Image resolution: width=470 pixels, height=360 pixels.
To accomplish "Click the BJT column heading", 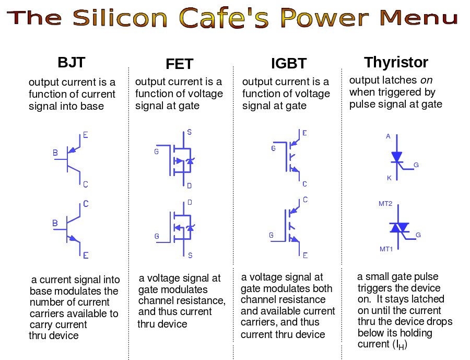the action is (72, 62).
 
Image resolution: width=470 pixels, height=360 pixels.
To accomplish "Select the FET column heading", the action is (180, 64).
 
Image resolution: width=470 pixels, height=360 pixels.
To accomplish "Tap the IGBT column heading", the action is (289, 64).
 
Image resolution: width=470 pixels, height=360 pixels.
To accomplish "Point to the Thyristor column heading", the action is (396, 62).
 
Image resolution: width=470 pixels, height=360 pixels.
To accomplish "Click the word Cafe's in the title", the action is (224, 18).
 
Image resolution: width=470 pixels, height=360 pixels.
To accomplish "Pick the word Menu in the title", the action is (419, 17).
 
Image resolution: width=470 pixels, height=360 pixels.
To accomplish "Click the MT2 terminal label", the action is (385, 204).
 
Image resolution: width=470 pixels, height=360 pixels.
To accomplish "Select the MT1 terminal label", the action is (386, 249).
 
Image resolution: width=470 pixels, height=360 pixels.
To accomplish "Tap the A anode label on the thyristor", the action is (388, 136).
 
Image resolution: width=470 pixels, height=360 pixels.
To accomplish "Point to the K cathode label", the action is (389, 178).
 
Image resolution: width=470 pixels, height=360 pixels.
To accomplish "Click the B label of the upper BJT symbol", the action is (55, 153).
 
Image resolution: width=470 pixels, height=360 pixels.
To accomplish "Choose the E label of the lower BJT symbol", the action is (86, 256).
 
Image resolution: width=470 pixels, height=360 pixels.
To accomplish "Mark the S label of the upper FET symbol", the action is (189, 132).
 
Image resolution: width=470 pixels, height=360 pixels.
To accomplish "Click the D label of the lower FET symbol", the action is (190, 203).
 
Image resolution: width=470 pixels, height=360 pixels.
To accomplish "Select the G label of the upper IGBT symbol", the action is (273, 148).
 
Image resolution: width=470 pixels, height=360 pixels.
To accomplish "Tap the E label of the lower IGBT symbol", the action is (305, 256).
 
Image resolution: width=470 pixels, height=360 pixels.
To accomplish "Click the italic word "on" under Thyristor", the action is (426, 80).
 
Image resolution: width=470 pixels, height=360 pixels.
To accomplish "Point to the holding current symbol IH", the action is (400, 345).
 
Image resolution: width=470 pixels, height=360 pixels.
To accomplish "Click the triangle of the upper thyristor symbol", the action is (397, 157).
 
